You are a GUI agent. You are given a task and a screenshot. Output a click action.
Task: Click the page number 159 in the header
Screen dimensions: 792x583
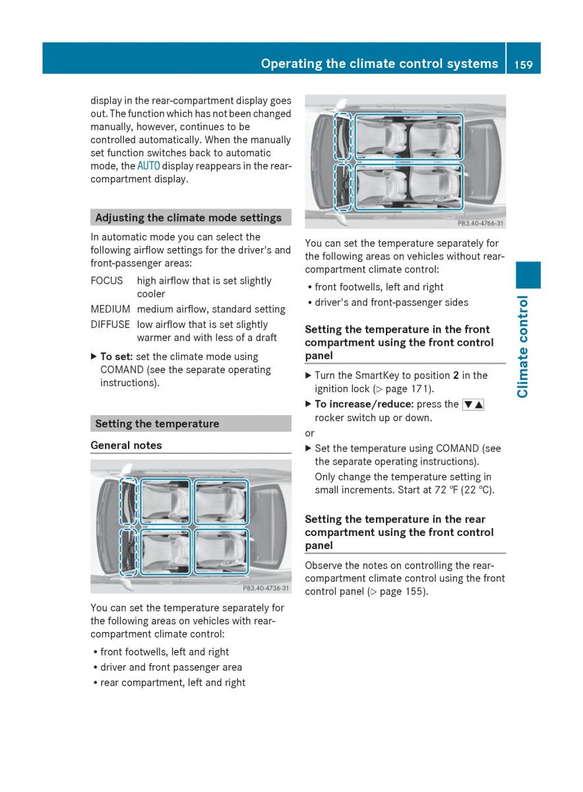point(523,63)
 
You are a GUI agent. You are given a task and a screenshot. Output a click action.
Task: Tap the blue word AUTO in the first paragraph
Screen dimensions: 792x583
point(148,166)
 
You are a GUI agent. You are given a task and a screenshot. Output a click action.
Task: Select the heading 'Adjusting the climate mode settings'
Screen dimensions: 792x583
point(188,218)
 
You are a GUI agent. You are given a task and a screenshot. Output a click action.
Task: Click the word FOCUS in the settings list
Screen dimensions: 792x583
point(107,281)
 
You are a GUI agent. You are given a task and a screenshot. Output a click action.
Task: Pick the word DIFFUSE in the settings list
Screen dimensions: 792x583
point(111,325)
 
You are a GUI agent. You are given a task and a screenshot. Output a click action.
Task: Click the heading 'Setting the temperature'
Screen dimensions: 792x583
point(157,424)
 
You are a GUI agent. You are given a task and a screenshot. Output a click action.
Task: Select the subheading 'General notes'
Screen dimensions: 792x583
point(126,445)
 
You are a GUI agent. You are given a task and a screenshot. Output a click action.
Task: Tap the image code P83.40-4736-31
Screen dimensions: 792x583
point(265,587)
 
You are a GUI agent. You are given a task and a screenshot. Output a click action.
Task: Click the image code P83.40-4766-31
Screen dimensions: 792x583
point(479,223)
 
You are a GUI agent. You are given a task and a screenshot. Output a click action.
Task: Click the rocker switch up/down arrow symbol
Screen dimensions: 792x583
point(473,405)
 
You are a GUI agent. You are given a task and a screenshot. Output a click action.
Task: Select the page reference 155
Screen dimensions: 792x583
point(414,591)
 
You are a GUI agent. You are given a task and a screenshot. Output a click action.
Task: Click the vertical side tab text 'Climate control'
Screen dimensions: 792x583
point(524,346)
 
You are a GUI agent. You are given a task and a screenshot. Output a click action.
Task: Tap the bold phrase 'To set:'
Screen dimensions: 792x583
point(116,357)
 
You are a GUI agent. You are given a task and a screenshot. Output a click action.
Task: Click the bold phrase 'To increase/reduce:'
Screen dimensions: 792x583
point(364,405)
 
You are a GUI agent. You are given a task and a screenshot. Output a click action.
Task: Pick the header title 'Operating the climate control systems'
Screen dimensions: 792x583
point(379,63)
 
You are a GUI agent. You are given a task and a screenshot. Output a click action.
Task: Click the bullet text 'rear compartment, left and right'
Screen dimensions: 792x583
point(172,683)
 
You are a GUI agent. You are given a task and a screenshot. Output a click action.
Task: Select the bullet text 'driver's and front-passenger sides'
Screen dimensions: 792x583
point(392,303)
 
